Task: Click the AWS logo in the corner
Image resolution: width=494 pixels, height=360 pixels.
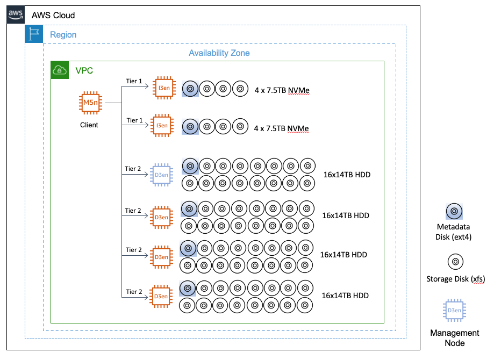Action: tap(16, 15)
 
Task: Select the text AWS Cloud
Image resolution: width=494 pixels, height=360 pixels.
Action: tap(53, 15)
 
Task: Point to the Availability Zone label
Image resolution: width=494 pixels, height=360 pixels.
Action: tap(219, 53)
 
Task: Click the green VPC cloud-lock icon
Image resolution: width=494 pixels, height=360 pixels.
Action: tap(60, 70)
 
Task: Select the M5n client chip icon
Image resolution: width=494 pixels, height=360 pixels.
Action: tap(89, 103)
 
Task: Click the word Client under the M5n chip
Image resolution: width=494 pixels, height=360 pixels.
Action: tap(89, 125)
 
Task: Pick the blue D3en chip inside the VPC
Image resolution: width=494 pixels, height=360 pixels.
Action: tap(162, 176)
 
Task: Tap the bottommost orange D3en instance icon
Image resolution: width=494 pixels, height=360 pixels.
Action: tap(162, 296)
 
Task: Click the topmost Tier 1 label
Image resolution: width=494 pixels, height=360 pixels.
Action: tap(134, 82)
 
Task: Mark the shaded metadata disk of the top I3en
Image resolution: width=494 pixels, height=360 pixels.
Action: tap(190, 89)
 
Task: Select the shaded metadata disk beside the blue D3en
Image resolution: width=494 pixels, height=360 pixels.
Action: tap(189, 167)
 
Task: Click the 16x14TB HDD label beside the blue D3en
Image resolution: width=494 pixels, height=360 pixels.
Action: tap(347, 175)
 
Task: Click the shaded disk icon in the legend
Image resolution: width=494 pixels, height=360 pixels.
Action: tap(454, 212)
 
